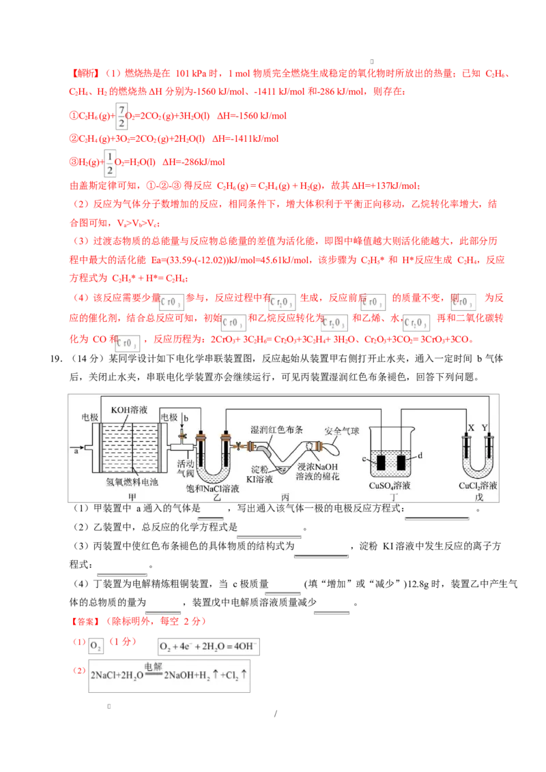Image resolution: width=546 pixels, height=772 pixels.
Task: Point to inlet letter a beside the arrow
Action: pos(76,451)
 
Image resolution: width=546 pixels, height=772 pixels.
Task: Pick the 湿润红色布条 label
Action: pos(276,430)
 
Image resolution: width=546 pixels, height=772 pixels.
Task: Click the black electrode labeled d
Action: pos(401,462)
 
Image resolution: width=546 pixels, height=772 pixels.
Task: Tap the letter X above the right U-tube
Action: pos(470,428)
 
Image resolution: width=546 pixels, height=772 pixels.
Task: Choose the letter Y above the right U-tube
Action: pos(485,428)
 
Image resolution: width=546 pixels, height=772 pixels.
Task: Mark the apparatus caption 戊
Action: pos(478,500)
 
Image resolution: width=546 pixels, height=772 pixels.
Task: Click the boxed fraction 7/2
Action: pos(121,117)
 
